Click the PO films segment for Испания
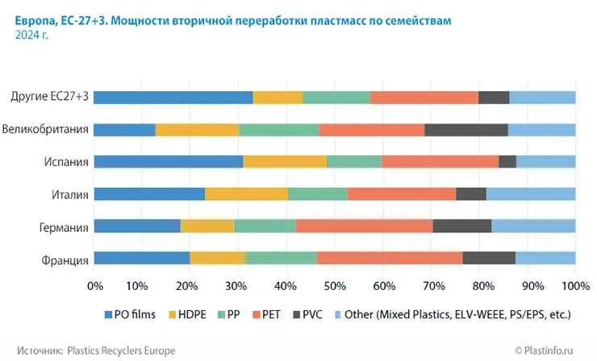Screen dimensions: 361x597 [x=169, y=161]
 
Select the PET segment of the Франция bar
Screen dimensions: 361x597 [x=390, y=258]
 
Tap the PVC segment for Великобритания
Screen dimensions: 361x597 [x=466, y=129]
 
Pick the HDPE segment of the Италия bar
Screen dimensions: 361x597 [x=246, y=193]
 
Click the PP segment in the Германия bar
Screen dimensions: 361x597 [x=265, y=226]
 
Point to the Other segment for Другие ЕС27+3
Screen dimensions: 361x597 [x=542, y=97]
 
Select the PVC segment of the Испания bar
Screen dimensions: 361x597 [x=507, y=161]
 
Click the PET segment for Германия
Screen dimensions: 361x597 [x=364, y=226]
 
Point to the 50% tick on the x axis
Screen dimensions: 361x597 [x=335, y=285]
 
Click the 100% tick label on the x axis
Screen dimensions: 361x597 [x=574, y=285]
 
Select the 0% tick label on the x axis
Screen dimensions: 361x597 [x=95, y=285]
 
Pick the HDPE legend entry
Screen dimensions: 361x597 [x=190, y=315]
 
